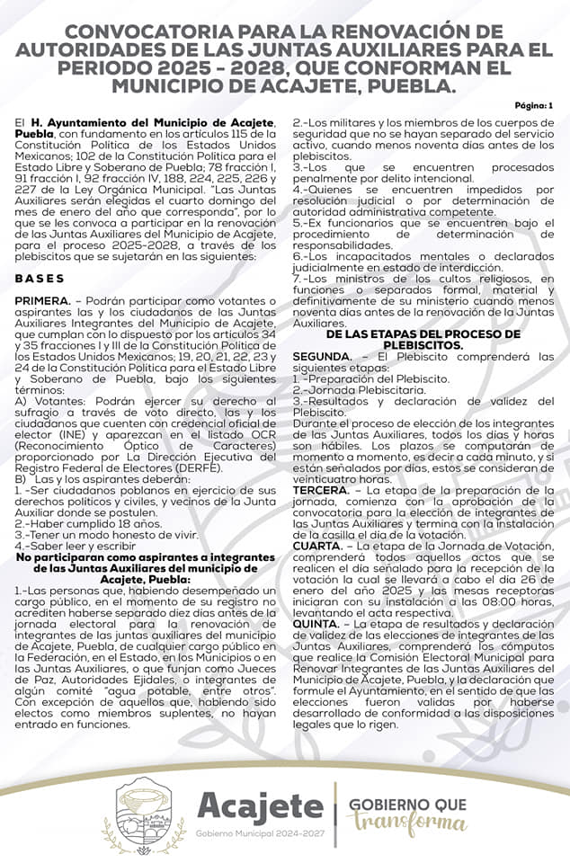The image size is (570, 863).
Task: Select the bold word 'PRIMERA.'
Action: (42, 299)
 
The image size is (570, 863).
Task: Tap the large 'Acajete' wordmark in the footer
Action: (260, 806)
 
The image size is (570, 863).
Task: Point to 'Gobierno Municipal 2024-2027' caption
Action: (260, 834)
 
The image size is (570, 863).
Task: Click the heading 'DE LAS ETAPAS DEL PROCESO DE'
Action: (423, 334)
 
